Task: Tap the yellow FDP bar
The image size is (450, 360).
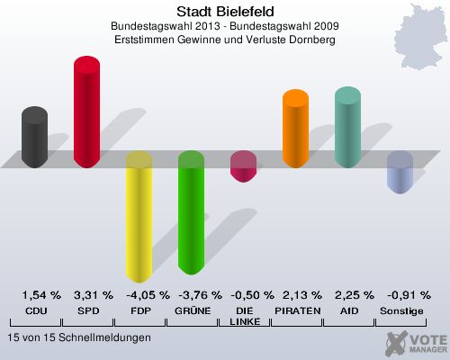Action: [139, 216]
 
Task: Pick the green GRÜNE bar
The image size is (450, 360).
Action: [191, 212]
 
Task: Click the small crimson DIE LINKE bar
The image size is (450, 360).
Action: [243, 166]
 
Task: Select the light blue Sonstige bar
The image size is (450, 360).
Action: [400, 172]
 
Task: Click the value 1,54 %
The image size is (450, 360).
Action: [41, 295]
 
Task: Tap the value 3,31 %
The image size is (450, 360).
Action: [94, 295]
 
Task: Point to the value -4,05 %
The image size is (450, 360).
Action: [144, 295]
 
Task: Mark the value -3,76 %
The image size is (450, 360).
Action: [197, 295]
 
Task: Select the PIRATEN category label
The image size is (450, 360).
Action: [296, 310]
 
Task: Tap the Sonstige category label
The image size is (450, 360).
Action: [400, 310]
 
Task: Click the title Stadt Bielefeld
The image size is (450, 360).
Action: [225, 12]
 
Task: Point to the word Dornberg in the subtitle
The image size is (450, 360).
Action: [311, 41]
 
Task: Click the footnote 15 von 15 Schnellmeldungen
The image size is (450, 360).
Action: [78, 337]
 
